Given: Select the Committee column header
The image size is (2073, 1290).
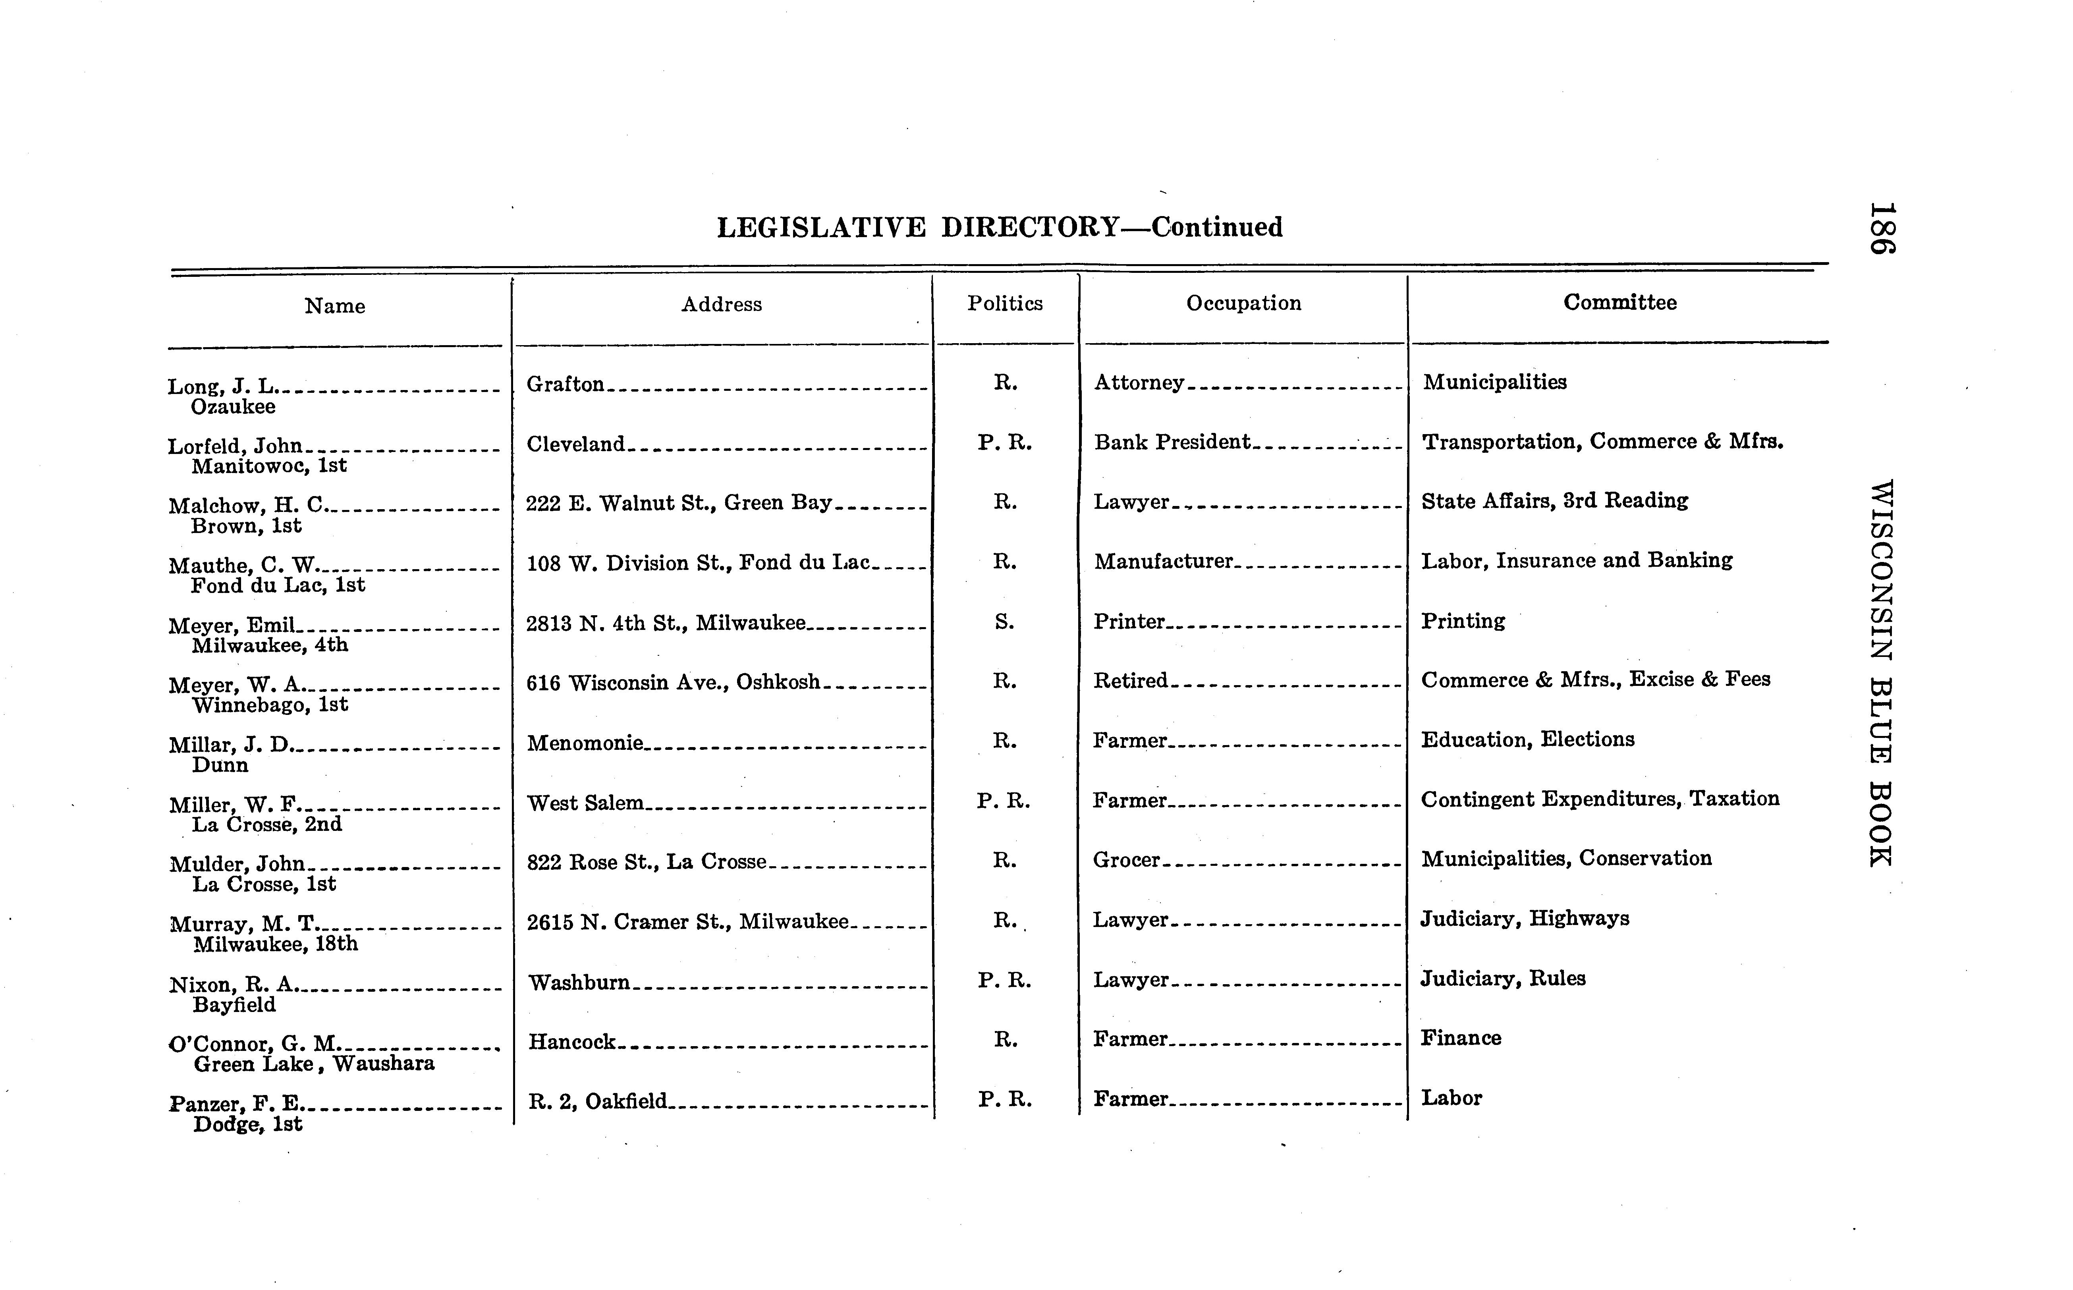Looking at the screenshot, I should pyautogui.click(x=1619, y=303).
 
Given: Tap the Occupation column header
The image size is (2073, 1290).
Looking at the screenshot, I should pyautogui.click(x=1243, y=304).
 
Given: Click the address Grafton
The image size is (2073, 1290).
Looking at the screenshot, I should pyautogui.click(x=565, y=384).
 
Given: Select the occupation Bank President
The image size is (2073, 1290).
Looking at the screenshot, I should pyautogui.click(x=1171, y=442).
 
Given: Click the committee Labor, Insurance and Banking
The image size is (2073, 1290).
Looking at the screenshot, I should pyautogui.click(x=1577, y=560).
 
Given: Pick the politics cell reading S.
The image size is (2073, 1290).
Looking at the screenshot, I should pyautogui.click(x=1004, y=622).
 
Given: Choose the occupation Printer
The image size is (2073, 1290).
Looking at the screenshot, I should pyautogui.click(x=1129, y=621).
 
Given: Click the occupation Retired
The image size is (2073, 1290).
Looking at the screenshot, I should pyautogui.click(x=1130, y=681).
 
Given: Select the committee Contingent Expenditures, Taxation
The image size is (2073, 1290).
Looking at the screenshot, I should pyautogui.click(x=1600, y=799).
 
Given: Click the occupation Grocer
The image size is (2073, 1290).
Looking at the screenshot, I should pyautogui.click(x=1126, y=860).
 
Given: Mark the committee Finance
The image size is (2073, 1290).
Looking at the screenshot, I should pyautogui.click(x=1461, y=1038).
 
